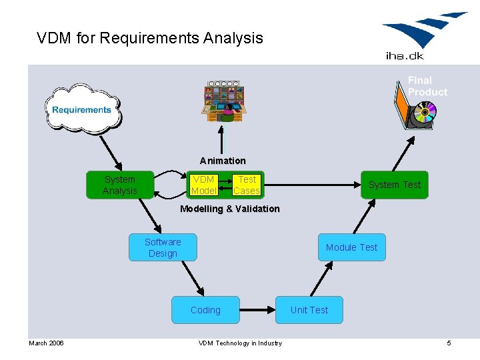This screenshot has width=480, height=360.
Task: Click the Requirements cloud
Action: [82, 109]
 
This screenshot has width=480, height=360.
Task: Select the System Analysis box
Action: [120, 185]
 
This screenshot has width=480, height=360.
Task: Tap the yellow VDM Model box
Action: [203, 185]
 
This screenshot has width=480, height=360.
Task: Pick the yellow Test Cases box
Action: [247, 185]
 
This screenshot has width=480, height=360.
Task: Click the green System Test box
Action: [395, 185]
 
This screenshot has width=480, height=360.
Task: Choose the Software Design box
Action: [163, 247]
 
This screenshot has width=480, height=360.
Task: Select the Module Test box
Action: [351, 247]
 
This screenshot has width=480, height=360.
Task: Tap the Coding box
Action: [205, 310]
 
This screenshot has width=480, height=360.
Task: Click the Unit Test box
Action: [309, 310]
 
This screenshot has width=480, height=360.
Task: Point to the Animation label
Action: [223, 161]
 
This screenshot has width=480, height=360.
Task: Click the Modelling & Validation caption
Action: [230, 209]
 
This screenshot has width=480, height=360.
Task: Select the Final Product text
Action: [427, 86]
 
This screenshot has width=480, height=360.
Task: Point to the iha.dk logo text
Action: [404, 56]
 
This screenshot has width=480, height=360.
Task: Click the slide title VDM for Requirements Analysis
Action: [150, 38]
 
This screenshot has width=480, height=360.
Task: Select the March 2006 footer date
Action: [46, 343]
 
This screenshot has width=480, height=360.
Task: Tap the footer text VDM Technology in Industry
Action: [240, 343]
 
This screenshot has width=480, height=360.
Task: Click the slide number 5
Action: [449, 343]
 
